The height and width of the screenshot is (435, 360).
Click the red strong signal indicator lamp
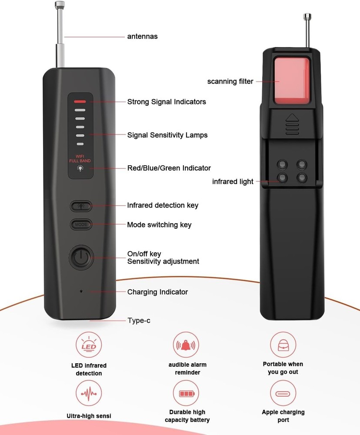(80, 101)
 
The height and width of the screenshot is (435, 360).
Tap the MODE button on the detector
(81, 224)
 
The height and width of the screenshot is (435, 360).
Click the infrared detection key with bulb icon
(81, 206)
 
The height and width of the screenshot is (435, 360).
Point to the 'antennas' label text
(142, 37)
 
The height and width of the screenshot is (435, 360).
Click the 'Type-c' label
(139, 321)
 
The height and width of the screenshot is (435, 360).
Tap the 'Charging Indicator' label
(157, 292)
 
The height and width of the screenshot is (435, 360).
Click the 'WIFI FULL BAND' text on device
(80, 158)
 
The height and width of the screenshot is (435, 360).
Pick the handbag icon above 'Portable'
(283, 345)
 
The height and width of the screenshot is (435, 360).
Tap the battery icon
(187, 393)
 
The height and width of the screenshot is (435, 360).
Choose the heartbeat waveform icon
(89, 393)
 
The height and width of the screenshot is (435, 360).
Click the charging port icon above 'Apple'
(283, 393)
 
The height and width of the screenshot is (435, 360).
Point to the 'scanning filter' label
(230, 81)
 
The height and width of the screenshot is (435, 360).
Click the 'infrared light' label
(233, 181)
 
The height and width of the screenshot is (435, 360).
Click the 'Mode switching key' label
(159, 225)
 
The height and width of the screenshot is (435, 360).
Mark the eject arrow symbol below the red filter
(292, 118)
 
